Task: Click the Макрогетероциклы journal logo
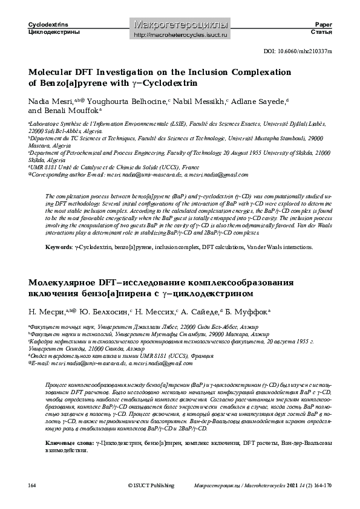(180, 25)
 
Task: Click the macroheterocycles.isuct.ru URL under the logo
(180, 35)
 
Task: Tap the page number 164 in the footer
(33, 485)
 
